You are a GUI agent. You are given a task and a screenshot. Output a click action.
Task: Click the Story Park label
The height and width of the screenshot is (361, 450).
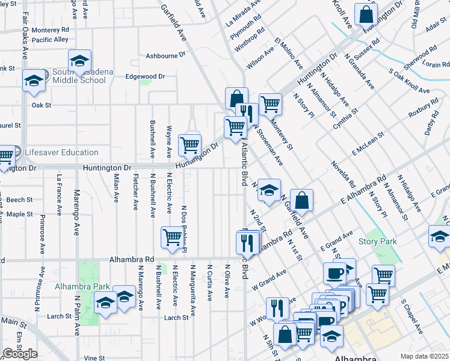pos(377,242)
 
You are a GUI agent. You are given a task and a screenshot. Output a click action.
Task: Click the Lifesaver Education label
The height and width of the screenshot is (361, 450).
pos(61,152)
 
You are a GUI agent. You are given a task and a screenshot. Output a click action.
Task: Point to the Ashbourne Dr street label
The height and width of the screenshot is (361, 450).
pos(165,56)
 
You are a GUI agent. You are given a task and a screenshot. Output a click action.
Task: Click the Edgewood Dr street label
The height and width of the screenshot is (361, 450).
pos(144,76)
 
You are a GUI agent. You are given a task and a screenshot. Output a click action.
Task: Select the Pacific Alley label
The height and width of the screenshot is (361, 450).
pos(51,40)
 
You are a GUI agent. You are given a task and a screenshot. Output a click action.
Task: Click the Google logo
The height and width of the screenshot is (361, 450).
pos(20,354)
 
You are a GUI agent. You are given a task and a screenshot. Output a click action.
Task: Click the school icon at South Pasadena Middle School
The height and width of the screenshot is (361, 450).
pos(79,61)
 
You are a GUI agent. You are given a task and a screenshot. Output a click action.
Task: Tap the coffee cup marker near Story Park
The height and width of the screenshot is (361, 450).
pos(334,273)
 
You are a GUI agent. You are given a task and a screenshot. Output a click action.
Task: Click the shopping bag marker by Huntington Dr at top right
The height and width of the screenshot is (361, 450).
pos(366,13)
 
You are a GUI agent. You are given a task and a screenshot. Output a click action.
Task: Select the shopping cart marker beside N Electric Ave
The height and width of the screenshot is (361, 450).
pos(172,237)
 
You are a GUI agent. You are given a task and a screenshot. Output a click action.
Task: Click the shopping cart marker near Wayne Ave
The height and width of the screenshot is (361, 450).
pos(190,144)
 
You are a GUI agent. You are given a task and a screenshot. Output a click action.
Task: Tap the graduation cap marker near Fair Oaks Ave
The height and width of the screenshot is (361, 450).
pos(34,81)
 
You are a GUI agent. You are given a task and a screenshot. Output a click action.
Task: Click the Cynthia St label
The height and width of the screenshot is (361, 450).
pos(347,119)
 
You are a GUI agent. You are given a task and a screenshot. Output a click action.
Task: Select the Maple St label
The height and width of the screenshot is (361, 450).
pos(20,214)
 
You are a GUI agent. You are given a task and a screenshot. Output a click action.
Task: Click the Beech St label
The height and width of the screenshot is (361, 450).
pos(20,200)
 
